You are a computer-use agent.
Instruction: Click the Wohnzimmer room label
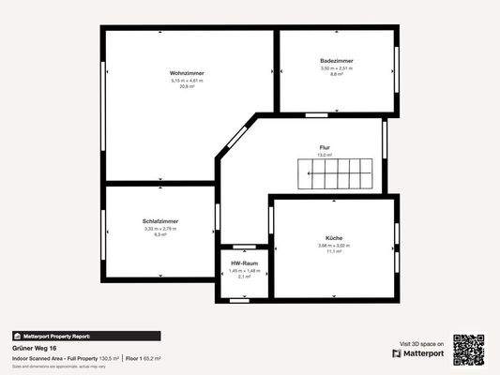tap(188, 73)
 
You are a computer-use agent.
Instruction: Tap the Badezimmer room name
tap(336, 61)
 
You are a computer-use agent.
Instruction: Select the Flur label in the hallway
tap(325, 147)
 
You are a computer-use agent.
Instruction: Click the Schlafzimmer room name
tap(160, 221)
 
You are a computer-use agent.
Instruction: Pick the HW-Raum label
tap(244, 263)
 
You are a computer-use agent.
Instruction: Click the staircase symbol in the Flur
tap(336, 175)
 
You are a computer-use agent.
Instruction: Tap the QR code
tap(468, 349)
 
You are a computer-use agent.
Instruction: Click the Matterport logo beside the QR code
tap(418, 353)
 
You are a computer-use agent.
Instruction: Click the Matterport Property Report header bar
tap(85, 336)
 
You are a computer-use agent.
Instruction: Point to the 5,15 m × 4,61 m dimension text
tap(188, 81)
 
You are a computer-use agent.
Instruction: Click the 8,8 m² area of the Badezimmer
tap(336, 74)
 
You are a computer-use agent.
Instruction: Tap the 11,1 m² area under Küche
tap(332, 251)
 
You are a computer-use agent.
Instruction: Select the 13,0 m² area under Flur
tap(325, 155)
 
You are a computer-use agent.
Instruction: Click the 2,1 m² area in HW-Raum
tap(244, 277)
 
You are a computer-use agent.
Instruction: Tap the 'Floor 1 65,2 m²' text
tap(144, 358)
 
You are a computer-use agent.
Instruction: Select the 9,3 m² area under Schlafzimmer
tap(160, 234)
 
